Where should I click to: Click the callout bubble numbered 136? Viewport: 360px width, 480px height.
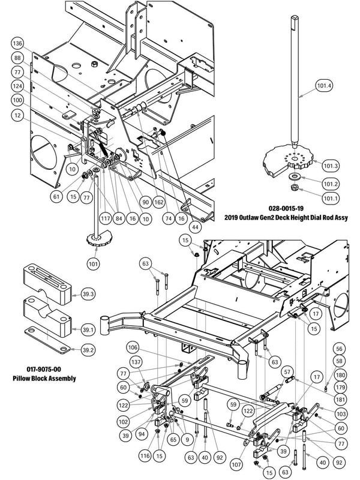pyautogui.click(x=19, y=44)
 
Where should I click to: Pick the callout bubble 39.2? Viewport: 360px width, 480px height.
pyautogui.click(x=88, y=349)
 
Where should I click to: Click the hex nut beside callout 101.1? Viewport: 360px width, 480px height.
pyautogui.click(x=295, y=190)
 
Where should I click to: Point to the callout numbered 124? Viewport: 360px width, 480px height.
pyautogui.click(x=19, y=86)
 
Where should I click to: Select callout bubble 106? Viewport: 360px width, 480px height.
pyautogui.click(x=134, y=348)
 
